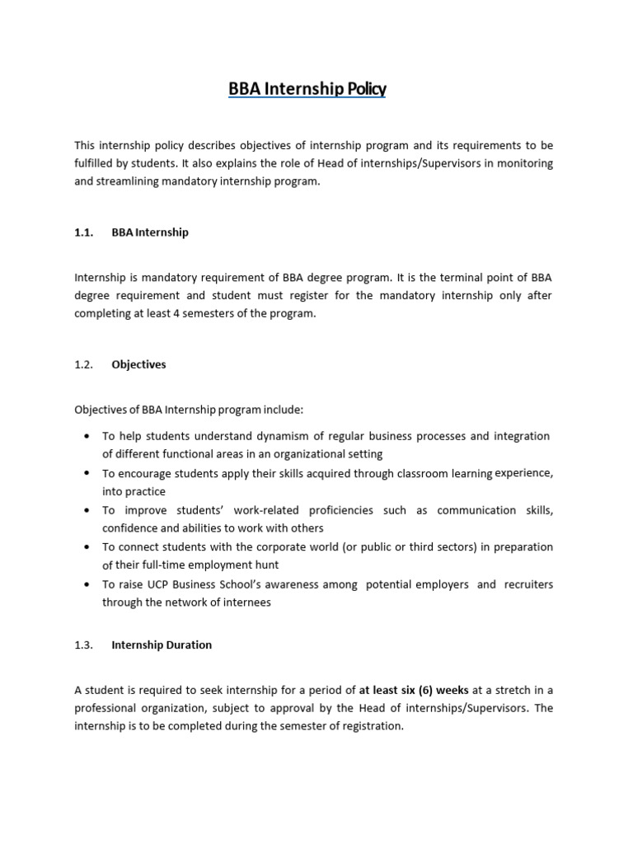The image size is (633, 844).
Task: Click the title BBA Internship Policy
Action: point(307,89)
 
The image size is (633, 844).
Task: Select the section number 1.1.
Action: point(85,232)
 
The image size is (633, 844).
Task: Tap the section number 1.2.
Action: point(85,364)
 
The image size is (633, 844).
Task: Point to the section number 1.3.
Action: point(85,645)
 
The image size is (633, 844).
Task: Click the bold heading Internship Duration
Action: point(162,645)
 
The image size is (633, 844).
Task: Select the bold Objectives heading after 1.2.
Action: point(138,364)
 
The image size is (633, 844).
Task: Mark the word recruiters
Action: point(525,584)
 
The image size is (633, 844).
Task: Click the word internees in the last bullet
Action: point(241,603)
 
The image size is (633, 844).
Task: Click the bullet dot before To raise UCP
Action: point(87,584)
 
